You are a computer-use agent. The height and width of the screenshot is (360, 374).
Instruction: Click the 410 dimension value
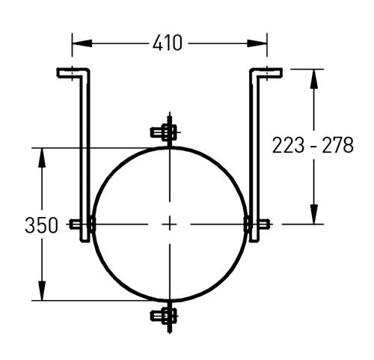(168, 43)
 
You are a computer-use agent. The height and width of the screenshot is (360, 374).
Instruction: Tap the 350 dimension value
(41, 225)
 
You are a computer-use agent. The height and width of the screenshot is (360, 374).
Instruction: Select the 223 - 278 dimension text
(313, 145)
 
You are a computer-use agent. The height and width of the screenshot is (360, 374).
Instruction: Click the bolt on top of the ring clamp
(164, 132)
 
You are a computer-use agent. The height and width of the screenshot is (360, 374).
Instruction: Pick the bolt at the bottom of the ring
(164, 316)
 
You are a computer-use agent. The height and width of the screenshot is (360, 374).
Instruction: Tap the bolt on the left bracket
(82, 224)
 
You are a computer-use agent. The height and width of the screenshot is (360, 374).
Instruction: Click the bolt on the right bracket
(257, 224)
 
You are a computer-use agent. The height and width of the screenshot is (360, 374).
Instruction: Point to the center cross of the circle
(170, 225)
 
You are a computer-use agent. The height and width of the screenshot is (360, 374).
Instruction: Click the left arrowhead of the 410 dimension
(82, 43)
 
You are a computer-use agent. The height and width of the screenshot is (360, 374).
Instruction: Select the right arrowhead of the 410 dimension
(257, 43)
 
